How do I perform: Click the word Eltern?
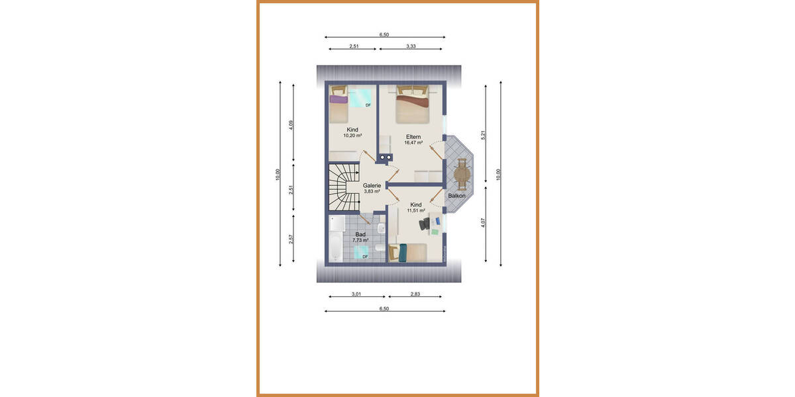pyautogui.click(x=414, y=137)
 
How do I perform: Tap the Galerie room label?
pyautogui.click(x=372, y=186)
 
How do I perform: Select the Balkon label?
pyautogui.click(x=456, y=196)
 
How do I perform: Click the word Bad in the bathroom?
pyautogui.click(x=360, y=234)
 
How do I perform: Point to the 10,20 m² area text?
pyautogui.click(x=352, y=136)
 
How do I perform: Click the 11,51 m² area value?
pyautogui.click(x=415, y=210)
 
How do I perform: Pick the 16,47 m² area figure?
pyautogui.click(x=414, y=143)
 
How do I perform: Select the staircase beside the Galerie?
pyautogui.click(x=342, y=187)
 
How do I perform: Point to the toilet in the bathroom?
pyautogui.click(x=379, y=247)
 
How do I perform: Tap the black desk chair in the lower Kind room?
pyautogui.click(x=423, y=225)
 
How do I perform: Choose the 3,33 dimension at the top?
pyautogui.click(x=415, y=46)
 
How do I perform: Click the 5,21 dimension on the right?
pyautogui.click(x=484, y=134)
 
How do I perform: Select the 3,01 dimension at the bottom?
pyautogui.click(x=356, y=294)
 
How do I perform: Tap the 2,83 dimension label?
pyautogui.click(x=415, y=294)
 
